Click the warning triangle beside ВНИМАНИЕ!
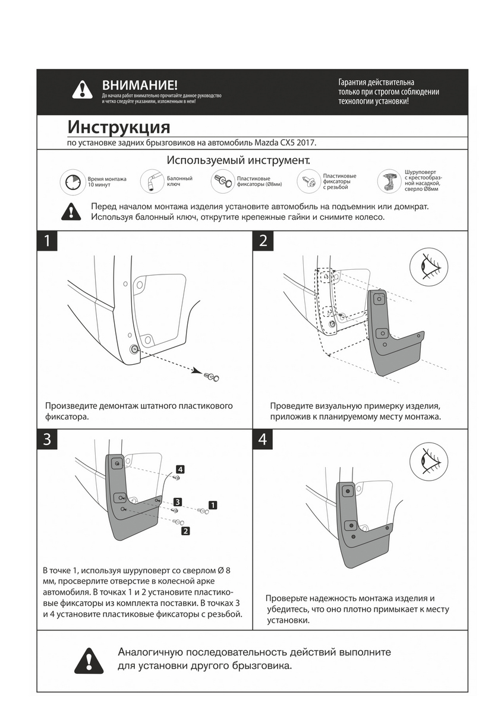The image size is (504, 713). pyautogui.click(x=82, y=90)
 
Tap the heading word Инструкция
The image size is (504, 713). pyautogui.click(x=119, y=127)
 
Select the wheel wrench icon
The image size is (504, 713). pyautogui.click(x=151, y=181)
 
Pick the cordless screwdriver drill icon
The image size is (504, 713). pyautogui.click(x=389, y=181)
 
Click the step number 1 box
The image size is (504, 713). pyautogui.click(x=47, y=241)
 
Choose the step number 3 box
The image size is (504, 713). pyautogui.click(x=47, y=439)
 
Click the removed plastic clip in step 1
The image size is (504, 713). pyautogui.click(x=210, y=376)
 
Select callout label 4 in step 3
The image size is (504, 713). pyautogui.click(x=179, y=469)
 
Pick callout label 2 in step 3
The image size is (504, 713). pyautogui.click(x=185, y=531)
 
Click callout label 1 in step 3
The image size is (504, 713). pyautogui.click(x=213, y=505)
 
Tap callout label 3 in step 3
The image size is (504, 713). pyautogui.click(x=178, y=501)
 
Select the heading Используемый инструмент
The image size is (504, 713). pyautogui.click(x=238, y=160)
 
